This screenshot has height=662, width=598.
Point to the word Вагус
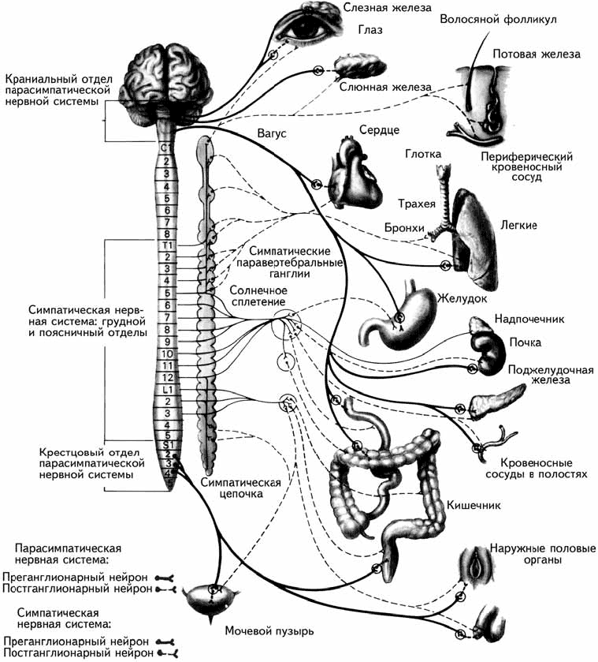(269, 134)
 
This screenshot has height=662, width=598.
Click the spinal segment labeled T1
(166, 246)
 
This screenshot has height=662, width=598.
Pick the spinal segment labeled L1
(166, 390)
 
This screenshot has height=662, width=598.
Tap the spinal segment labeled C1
(166, 148)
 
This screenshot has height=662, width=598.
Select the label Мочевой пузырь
(269, 631)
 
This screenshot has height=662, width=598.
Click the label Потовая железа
(537, 54)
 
